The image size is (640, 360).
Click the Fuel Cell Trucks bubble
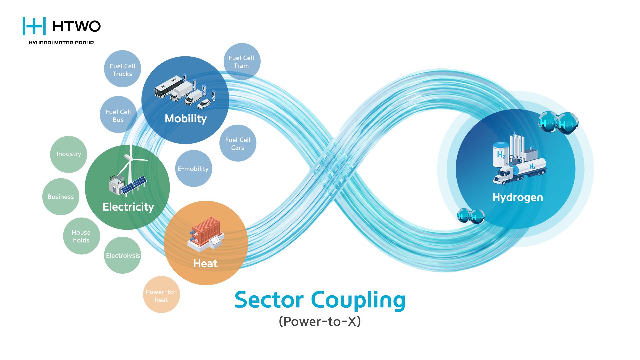pos(122,69)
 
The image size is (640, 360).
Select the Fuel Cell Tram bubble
pos(242,61)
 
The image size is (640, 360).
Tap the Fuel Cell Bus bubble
pos(118,115)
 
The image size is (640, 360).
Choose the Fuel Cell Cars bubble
pos(238,143)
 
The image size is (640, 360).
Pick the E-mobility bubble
pos(194,169)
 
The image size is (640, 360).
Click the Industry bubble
pos(69,154)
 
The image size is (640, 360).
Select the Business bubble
pos(61,197)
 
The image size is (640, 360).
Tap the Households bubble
pos(81,236)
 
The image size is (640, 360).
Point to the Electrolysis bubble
pos(123,255)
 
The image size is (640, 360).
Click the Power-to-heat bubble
pos(162,295)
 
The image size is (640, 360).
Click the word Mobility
pos(186,119)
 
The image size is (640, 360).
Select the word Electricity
pos(128,207)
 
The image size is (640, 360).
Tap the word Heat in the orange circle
pos(205,263)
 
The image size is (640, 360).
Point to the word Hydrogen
pos(518,197)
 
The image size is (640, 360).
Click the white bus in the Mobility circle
pos(169,86)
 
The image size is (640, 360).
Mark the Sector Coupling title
pos(320,300)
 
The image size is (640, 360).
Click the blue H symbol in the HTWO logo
pos(34,26)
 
